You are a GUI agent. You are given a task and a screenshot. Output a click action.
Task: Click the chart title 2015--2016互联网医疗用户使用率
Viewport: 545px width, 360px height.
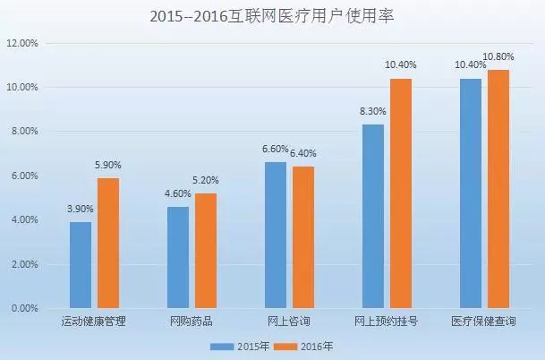273,15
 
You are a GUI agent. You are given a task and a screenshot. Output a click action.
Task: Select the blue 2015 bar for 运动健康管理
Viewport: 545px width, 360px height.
81,265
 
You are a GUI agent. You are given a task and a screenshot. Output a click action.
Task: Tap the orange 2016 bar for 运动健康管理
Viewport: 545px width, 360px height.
108,243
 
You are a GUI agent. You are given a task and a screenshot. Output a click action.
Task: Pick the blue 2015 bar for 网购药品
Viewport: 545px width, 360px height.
178,257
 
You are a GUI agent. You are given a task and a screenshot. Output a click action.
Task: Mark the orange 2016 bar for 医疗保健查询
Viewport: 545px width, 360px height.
498,189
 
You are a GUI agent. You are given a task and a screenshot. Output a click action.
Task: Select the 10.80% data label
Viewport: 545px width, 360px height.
498,57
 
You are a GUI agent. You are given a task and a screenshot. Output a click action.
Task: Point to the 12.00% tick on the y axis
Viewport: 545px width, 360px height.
21,43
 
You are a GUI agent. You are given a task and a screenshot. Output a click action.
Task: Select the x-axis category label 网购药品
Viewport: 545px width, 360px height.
192,321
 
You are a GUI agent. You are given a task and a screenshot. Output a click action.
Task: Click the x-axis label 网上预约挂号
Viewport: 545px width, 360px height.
386,321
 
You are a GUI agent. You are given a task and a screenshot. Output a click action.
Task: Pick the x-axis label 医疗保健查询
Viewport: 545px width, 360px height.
483,321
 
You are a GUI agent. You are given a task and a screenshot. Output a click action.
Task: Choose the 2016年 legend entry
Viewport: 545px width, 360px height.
300,345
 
